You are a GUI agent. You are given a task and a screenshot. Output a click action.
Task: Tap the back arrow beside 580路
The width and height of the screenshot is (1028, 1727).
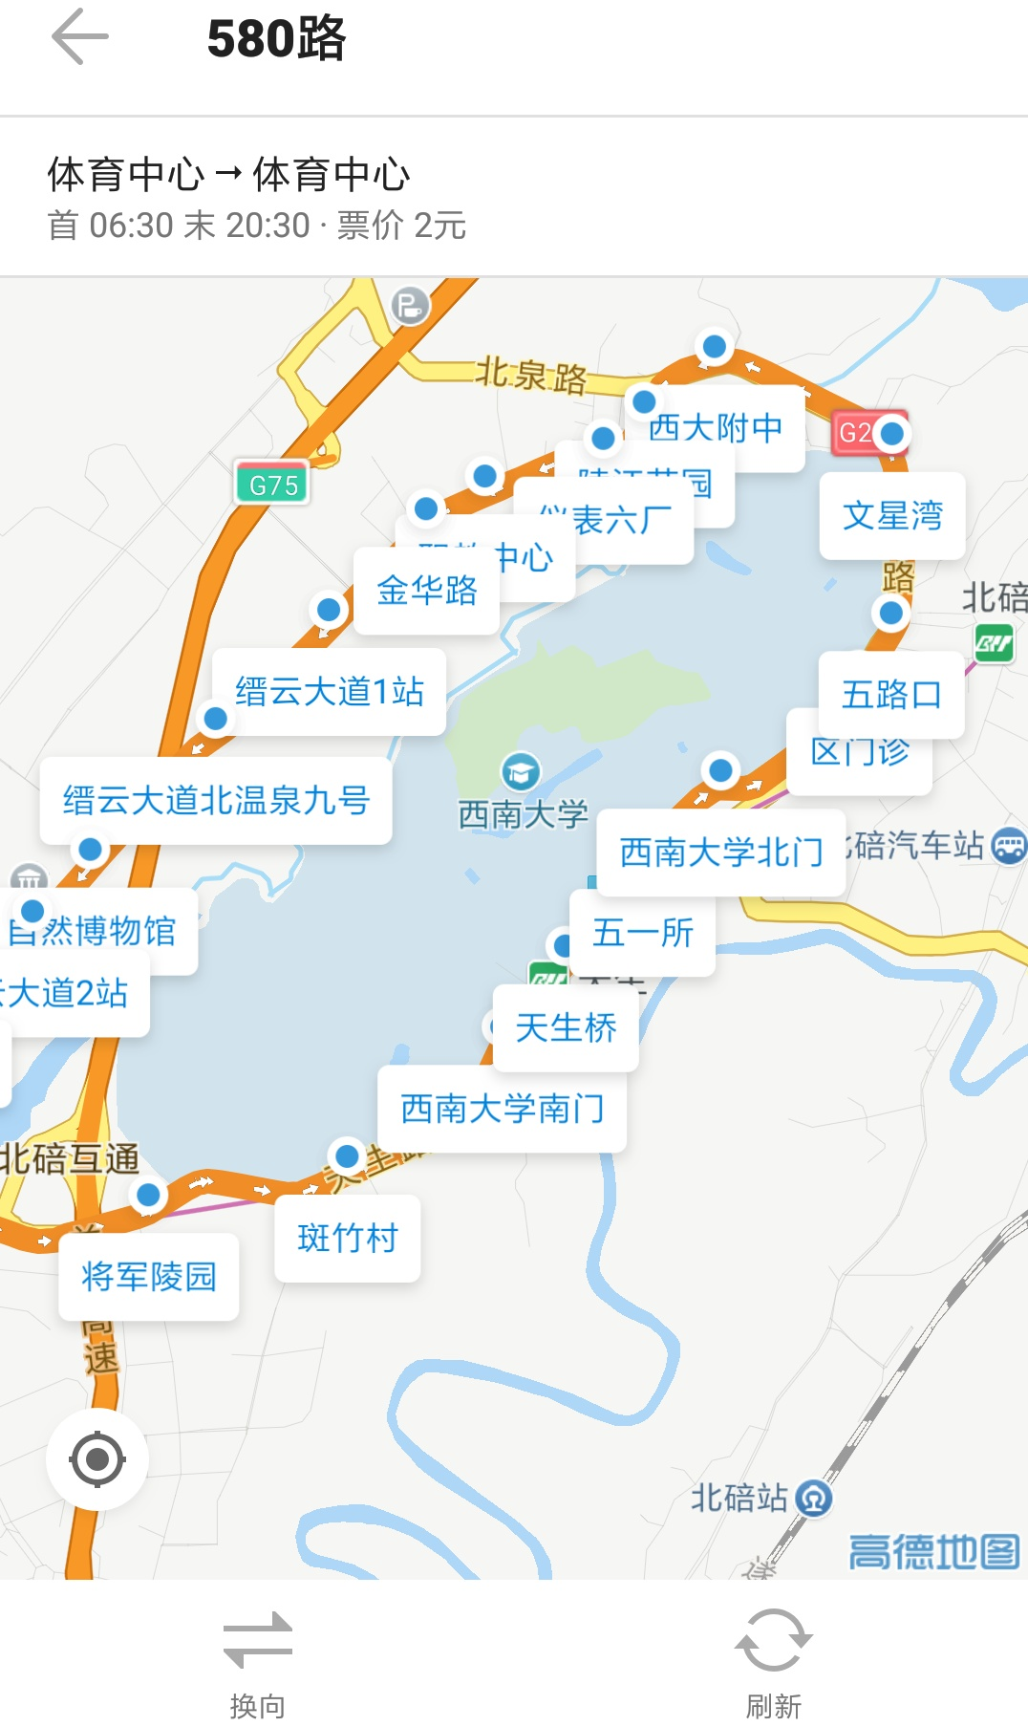(80, 37)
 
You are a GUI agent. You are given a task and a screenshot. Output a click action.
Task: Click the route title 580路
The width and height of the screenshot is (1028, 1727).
(276, 39)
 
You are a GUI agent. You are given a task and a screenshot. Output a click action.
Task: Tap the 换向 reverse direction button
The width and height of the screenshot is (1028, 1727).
(257, 1664)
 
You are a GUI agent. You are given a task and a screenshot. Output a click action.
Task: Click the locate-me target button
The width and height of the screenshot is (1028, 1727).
(97, 1459)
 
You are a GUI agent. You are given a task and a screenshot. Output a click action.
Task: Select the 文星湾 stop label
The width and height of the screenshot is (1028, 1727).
(892, 516)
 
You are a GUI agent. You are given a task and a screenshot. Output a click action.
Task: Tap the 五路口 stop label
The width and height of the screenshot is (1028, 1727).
(891, 695)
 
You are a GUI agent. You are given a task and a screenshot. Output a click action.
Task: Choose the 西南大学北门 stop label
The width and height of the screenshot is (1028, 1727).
(721, 852)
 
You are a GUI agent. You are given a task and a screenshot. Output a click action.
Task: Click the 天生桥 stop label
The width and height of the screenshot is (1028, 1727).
(566, 1028)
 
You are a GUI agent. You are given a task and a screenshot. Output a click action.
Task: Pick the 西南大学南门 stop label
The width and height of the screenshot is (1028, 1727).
(502, 1109)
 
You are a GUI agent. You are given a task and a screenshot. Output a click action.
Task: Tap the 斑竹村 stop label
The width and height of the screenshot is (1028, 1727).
(348, 1239)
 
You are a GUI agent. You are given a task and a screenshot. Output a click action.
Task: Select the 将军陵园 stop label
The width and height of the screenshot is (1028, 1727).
(149, 1277)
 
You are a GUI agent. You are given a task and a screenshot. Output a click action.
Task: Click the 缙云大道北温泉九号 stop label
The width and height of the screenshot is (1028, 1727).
(216, 801)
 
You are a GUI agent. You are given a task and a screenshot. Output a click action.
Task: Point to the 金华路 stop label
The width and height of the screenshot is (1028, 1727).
(426, 591)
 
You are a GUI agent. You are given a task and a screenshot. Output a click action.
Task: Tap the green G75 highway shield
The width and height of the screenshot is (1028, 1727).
(273, 485)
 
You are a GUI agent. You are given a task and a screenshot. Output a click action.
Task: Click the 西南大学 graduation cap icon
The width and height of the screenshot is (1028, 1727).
(521, 771)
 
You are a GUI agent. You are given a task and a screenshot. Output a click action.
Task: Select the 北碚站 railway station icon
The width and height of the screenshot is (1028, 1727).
(814, 1499)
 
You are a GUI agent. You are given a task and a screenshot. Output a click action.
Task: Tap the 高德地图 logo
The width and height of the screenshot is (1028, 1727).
(933, 1552)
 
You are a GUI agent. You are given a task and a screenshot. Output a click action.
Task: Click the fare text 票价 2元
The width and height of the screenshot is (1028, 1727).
(401, 226)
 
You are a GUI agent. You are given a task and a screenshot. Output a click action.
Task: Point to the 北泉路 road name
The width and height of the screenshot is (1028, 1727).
(531, 374)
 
